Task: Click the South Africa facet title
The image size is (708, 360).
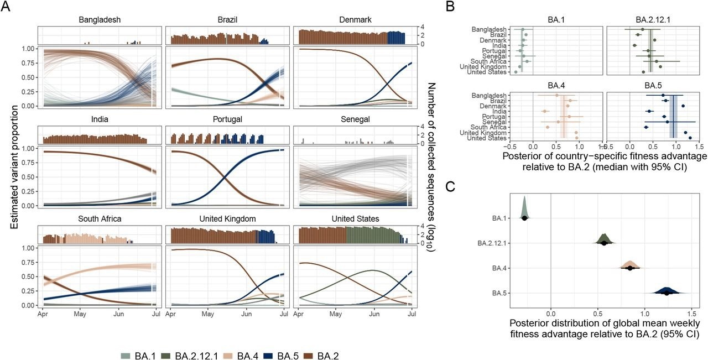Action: [100, 219]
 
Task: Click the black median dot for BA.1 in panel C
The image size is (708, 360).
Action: [524, 218]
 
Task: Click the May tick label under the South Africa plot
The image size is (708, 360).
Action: [80, 314]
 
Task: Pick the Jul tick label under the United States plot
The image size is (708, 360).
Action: [412, 314]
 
